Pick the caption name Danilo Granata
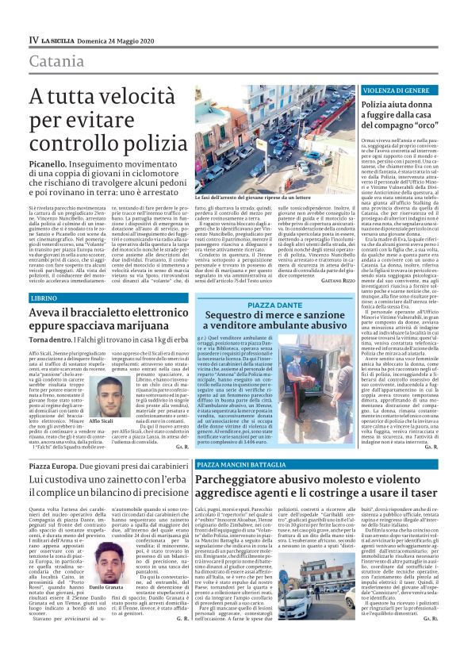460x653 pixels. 99,586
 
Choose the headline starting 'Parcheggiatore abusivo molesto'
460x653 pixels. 316,492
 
